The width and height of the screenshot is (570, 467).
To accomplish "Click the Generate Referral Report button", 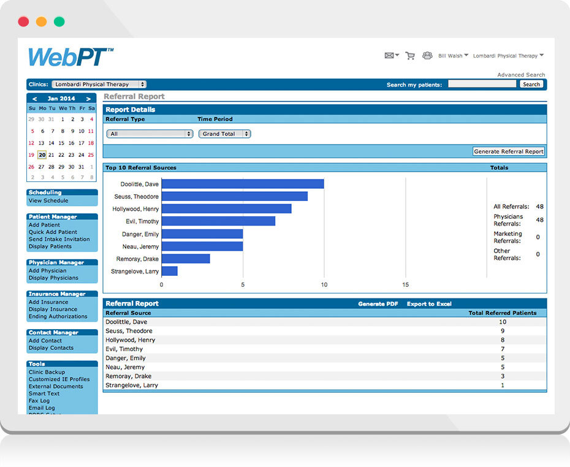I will pos(509,151).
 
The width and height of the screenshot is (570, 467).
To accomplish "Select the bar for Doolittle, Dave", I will pos(242,184).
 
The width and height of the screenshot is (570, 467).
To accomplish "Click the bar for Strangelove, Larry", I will pos(169,271).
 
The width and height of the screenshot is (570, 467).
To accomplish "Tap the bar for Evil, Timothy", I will pos(218,221).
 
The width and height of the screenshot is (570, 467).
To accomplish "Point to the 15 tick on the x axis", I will pos(405,285).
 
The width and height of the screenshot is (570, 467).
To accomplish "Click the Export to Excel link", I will pos(429,304).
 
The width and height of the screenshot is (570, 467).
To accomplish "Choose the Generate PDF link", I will pos(378,304).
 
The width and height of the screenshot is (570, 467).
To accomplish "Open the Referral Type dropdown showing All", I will pos(150,134).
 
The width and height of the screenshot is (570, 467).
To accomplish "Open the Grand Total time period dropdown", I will pos(224,134).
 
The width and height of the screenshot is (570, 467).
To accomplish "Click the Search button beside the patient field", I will pos(531,85).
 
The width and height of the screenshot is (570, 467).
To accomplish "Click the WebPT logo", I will pos(70,57).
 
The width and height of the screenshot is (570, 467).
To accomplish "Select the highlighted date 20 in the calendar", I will pos(42,155).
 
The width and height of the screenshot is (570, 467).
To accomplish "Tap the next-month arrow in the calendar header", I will pos(88,99).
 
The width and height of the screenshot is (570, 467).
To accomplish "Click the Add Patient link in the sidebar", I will pos(44,225).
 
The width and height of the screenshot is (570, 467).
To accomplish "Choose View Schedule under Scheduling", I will pos(48,201).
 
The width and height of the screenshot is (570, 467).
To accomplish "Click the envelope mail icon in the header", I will pos(389,56).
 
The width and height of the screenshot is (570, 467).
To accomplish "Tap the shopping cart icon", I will pos(410,56).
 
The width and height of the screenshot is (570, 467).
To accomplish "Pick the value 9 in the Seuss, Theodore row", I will pos(503,331).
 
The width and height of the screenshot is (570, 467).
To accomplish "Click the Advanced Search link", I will pos(521,75).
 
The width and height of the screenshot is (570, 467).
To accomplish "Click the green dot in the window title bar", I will pos(59,21).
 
